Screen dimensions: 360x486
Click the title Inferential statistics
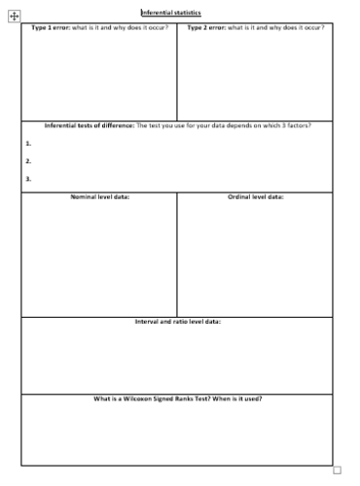tap(171, 12)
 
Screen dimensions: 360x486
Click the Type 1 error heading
tap(52, 27)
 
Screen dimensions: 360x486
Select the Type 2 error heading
tap(207, 27)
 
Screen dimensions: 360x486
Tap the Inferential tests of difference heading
tap(90, 125)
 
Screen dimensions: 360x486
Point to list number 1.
tap(28, 143)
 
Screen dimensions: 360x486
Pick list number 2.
tap(28, 160)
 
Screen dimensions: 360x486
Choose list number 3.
tap(28, 179)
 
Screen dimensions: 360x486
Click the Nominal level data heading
tap(99, 197)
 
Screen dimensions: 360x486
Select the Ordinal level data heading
tap(255, 197)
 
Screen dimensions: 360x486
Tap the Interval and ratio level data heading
tap(177, 322)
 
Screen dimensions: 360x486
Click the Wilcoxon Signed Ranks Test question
tap(177, 399)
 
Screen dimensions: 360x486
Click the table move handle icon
tap(14, 17)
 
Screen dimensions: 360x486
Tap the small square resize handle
tap(337, 470)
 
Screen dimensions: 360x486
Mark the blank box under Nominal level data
tap(99, 259)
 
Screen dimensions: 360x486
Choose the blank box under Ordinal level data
tap(255, 259)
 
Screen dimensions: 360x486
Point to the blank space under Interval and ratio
tap(177, 360)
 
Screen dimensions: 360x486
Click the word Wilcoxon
tap(139, 399)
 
